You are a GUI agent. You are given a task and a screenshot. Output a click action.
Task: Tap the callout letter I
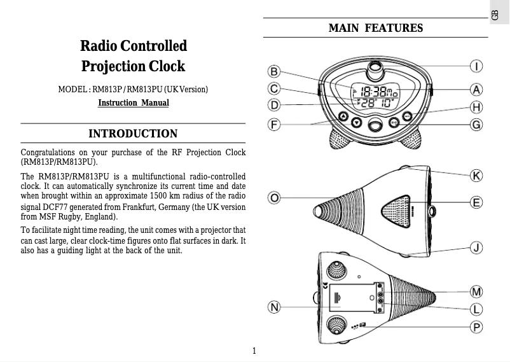pos(476,66)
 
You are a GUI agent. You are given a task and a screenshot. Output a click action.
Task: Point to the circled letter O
pos(274,198)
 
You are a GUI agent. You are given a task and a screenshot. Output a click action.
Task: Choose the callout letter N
pos(274,307)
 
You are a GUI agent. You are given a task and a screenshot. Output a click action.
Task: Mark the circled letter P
pos(476,327)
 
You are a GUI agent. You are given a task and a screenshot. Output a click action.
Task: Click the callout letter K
pos(476,174)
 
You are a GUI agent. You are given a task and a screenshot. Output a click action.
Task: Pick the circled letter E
pos(476,202)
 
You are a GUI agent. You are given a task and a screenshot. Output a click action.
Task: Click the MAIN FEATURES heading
pos(375,29)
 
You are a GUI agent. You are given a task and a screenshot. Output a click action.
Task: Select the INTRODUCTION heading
pos(133,134)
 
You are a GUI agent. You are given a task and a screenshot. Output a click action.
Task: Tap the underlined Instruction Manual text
pos(134,103)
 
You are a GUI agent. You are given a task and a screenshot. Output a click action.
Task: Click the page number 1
pos(254,351)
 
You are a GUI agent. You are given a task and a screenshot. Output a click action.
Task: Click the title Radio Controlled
pos(134,46)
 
